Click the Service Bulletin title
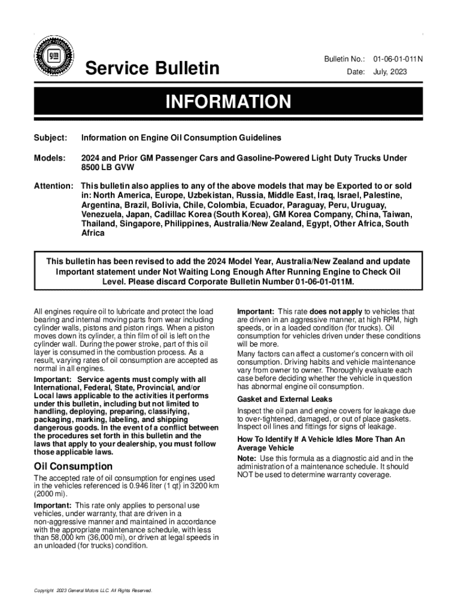(x=153, y=69)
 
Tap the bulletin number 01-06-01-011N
(x=398, y=59)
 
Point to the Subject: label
(x=50, y=138)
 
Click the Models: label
(x=49, y=158)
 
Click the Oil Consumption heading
(x=73, y=466)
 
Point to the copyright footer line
(x=93, y=591)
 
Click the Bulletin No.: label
(x=344, y=59)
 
